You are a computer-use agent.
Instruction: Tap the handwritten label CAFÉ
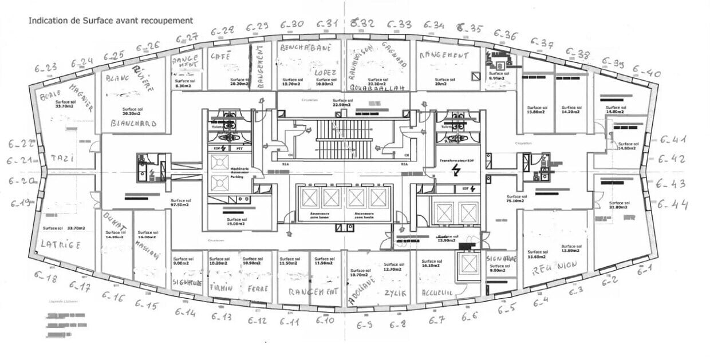(x=220, y=57)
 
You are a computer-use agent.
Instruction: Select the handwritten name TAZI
(x=62, y=158)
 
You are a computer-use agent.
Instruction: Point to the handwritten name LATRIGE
(x=60, y=244)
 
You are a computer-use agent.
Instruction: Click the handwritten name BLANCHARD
(x=133, y=123)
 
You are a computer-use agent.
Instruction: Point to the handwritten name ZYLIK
(x=395, y=292)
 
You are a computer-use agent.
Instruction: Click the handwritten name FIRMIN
(x=222, y=288)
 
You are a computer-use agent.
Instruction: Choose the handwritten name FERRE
(x=258, y=289)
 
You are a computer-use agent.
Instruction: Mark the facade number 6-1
(x=644, y=271)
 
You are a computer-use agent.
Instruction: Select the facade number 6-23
(x=44, y=68)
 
